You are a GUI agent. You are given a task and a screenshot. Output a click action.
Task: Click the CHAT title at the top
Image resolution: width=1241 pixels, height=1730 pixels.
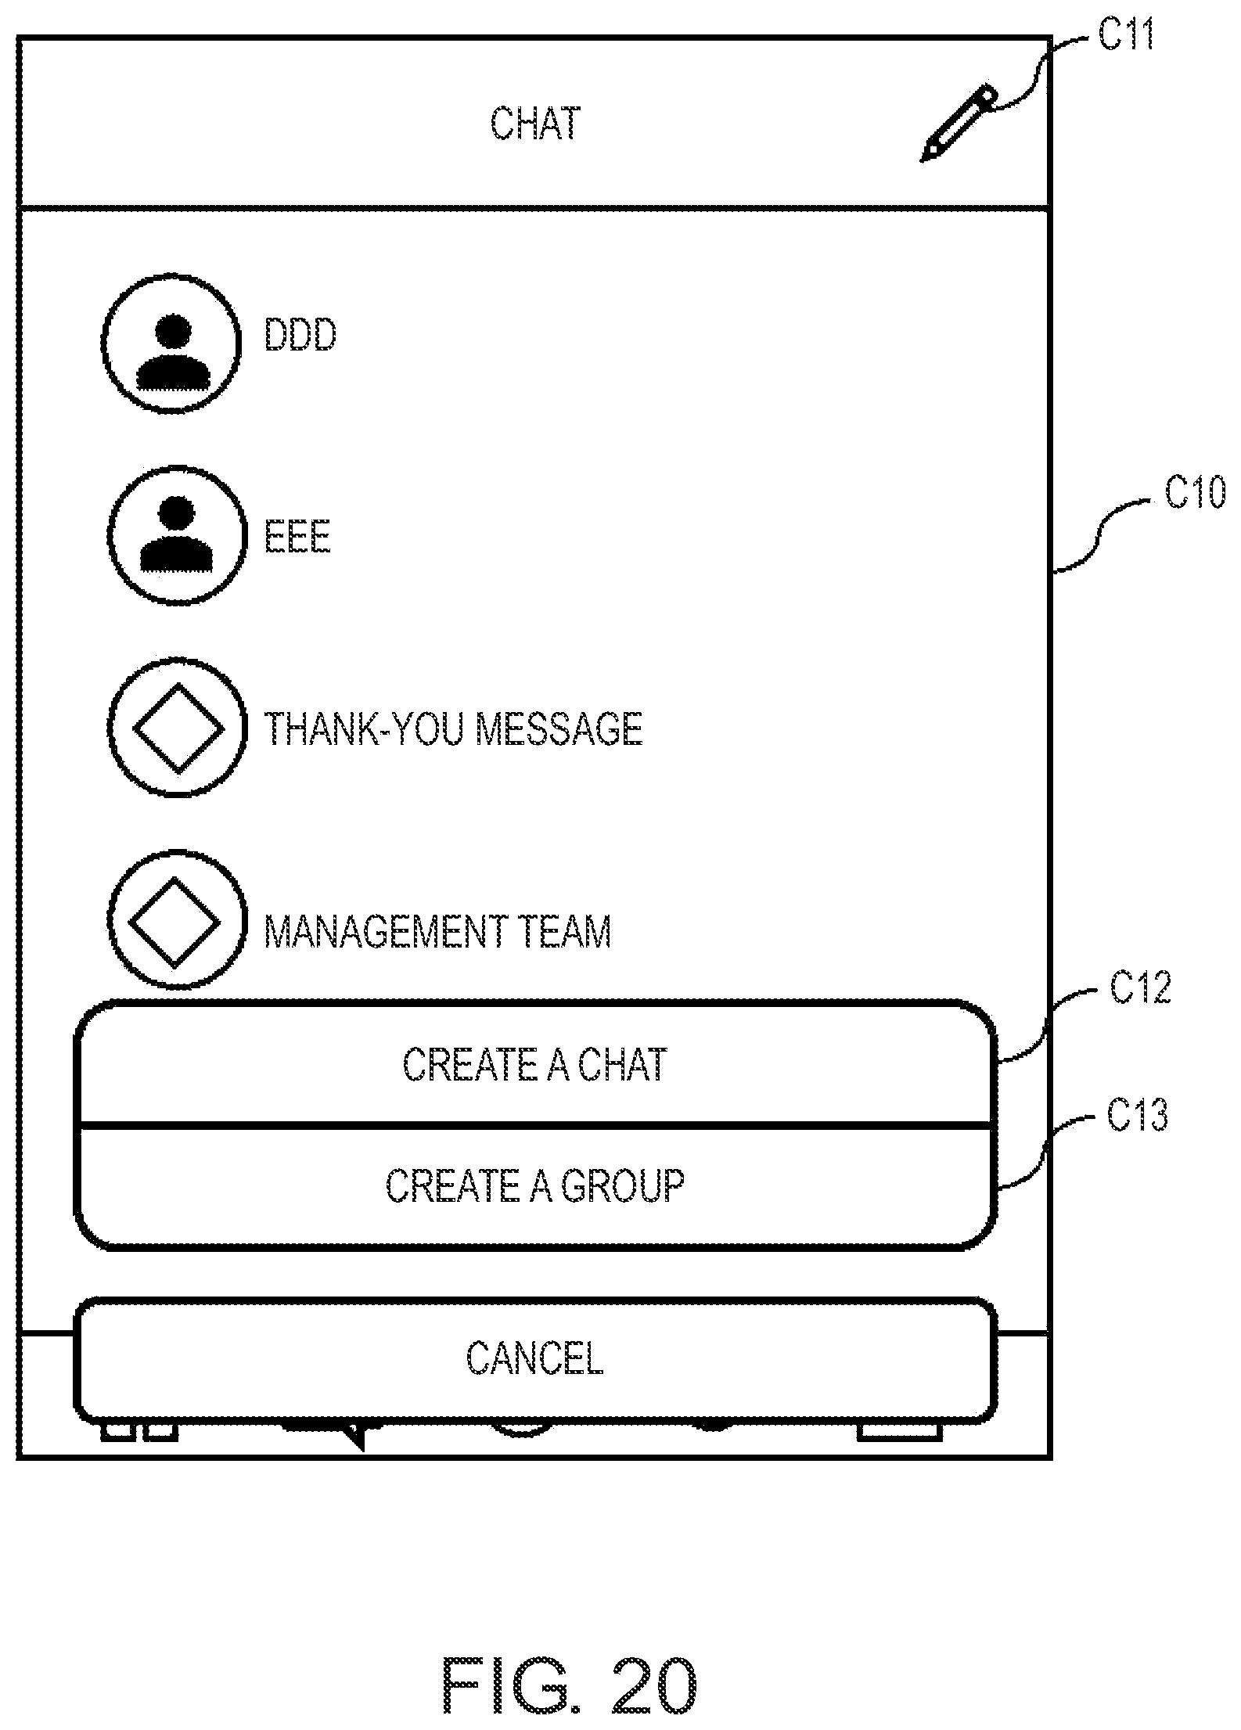536,124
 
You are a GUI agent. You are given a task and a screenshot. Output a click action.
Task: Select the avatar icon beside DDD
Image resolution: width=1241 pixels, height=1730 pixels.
171,343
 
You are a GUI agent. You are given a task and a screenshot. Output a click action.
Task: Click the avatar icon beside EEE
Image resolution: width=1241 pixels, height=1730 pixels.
176,535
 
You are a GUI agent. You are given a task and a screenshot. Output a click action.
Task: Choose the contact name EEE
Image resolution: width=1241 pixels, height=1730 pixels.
297,537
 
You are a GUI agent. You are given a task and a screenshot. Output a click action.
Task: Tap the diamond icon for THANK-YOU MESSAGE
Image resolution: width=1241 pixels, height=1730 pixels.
178,728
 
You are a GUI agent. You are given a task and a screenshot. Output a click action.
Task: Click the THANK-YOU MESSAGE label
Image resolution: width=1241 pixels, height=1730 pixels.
454,728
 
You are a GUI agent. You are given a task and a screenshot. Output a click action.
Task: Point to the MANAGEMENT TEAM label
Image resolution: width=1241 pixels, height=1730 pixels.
437,931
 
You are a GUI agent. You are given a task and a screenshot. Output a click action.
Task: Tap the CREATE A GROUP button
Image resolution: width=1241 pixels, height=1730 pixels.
535,1186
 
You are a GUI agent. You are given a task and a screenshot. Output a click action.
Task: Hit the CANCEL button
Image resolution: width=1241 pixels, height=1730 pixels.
535,1358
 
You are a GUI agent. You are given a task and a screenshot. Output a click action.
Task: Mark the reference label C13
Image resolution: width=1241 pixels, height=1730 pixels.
1138,1114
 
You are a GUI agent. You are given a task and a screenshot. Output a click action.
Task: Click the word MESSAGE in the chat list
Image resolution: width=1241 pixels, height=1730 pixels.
559,728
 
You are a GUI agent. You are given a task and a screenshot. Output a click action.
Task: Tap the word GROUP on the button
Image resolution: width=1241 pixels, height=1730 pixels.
622,1185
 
